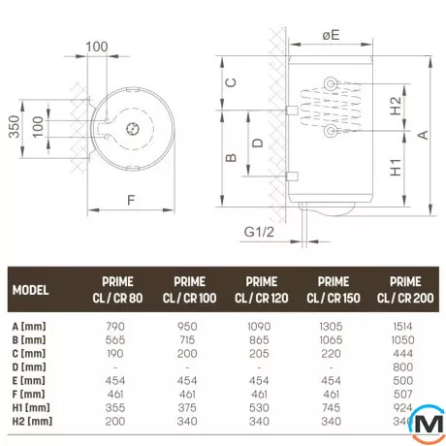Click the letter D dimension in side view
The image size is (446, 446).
coord(255,143)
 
